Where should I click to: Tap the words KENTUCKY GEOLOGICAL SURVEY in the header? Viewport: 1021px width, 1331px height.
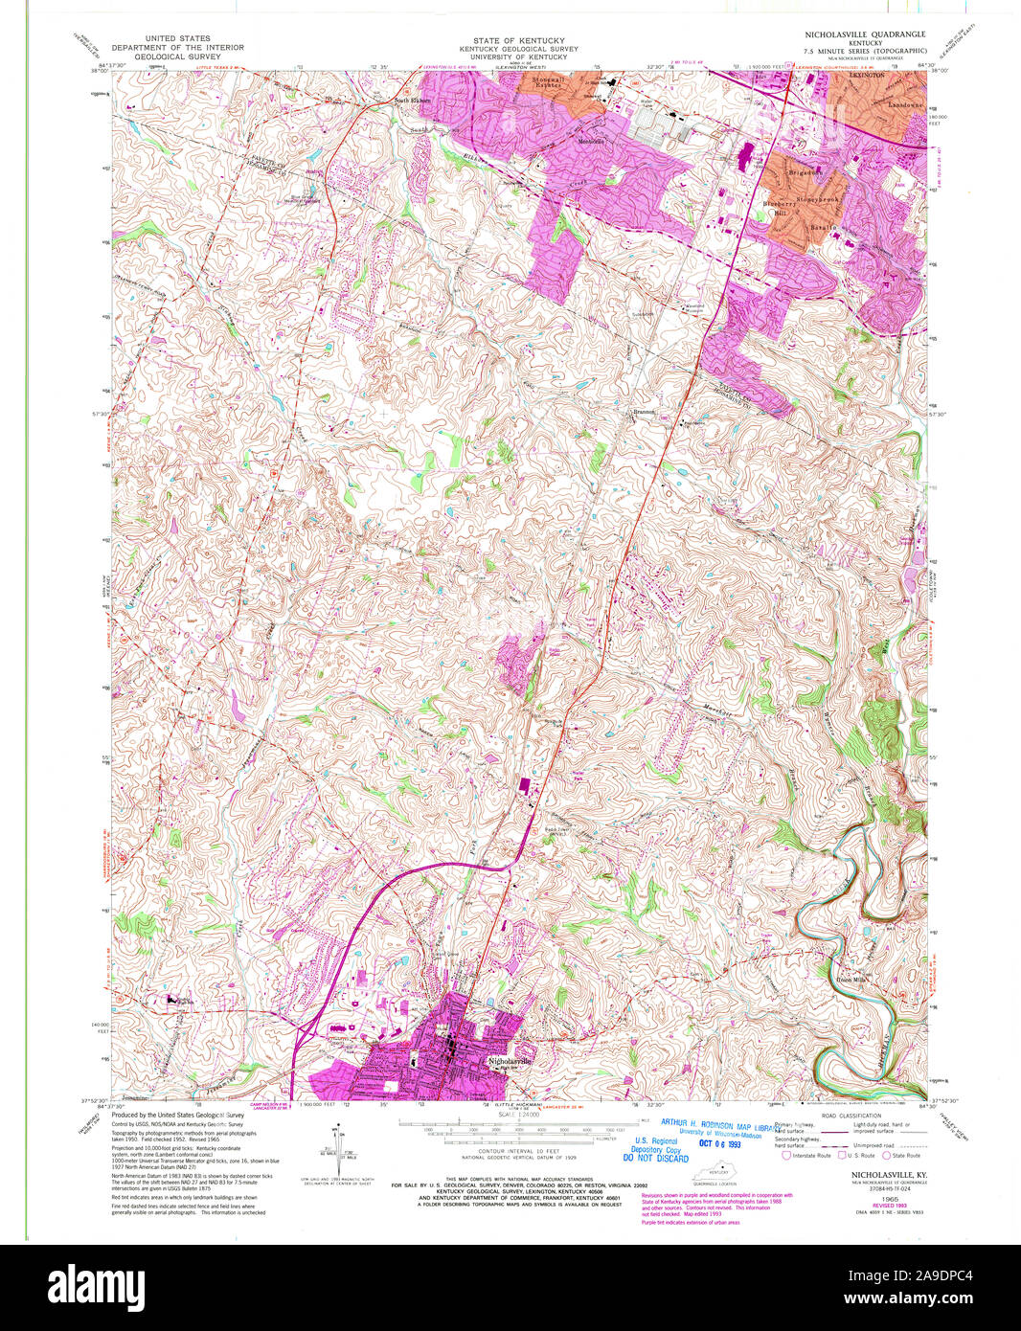tap(505, 48)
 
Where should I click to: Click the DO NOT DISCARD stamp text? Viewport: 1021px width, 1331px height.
tap(657, 1159)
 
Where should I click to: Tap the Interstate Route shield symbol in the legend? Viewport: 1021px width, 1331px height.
tap(786, 1155)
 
